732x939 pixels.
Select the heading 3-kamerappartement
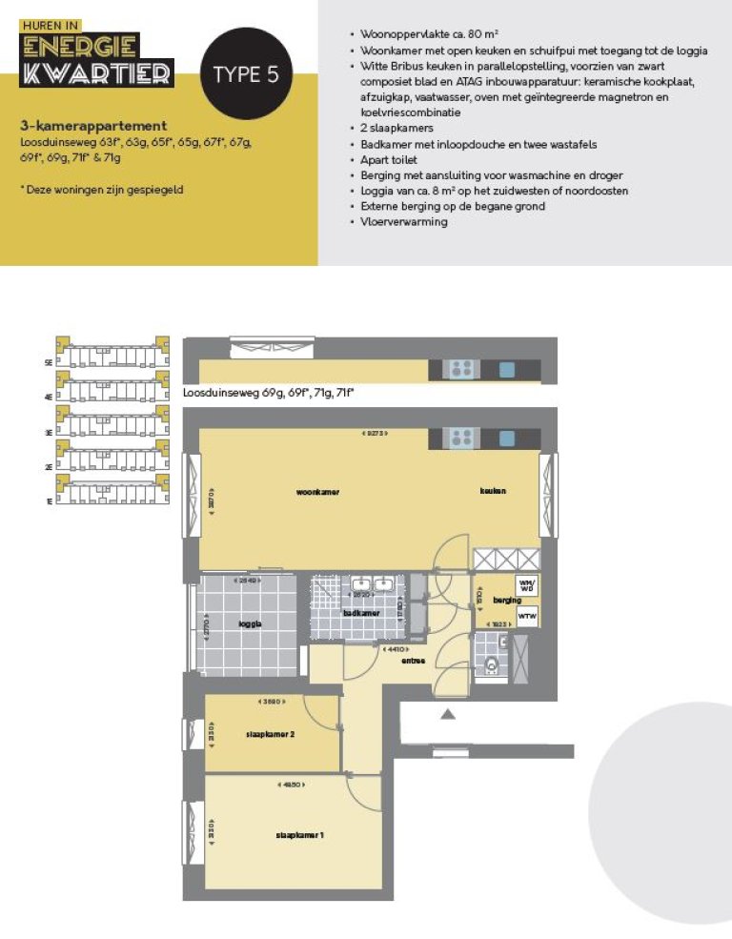[93, 126]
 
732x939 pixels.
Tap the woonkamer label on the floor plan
[317, 492]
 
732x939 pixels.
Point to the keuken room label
[493, 491]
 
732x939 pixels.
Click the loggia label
[250, 623]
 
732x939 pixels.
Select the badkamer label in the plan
[362, 613]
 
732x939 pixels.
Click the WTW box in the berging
[526, 616]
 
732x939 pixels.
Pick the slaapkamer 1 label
[300, 835]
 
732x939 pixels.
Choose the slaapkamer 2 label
[270, 734]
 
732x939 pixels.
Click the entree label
[413, 660]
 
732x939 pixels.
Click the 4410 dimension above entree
[392, 649]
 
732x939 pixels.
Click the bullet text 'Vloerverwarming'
[403, 222]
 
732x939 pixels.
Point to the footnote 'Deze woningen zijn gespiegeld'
[102, 190]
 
